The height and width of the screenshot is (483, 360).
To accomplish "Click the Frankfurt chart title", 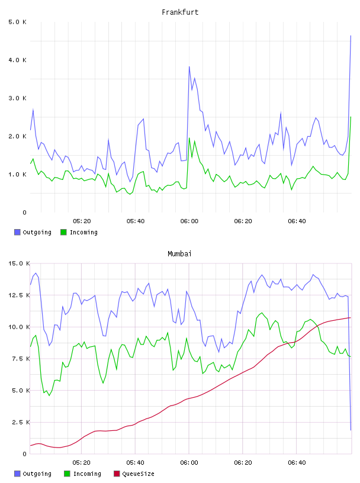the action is tap(180, 12).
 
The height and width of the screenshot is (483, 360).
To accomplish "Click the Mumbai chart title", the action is tap(179, 254).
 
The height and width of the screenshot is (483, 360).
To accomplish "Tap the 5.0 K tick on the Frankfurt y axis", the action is tap(17, 22).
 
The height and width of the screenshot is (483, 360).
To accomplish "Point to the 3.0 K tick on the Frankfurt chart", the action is tap(17, 98).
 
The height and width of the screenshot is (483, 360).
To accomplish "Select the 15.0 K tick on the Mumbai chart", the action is tap(19, 263).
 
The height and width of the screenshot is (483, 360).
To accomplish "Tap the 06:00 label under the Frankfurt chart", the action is tap(189, 221).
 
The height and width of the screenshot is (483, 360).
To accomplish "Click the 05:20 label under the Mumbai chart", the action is tap(81, 463).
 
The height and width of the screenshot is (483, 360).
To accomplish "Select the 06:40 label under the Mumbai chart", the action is tap(297, 463).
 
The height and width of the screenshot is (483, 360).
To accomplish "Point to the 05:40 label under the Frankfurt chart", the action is tap(136, 221).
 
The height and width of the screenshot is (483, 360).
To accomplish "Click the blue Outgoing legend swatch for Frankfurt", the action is tap(17, 232).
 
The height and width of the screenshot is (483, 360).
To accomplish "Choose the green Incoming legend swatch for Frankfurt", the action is tap(63, 232).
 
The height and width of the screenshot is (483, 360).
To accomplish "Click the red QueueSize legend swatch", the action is tap(117, 474).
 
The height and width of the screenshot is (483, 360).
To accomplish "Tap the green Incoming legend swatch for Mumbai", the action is tap(67, 474).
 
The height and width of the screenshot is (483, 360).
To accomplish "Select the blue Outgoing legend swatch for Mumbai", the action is tap(17, 474).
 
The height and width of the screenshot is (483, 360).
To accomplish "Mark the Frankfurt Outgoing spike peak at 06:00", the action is tap(189, 66).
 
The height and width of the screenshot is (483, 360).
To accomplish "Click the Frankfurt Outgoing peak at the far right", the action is tap(351, 36).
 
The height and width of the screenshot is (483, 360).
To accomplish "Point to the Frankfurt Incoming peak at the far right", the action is tap(351, 117).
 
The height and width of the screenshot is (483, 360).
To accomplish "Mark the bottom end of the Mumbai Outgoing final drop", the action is tap(351, 430).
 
